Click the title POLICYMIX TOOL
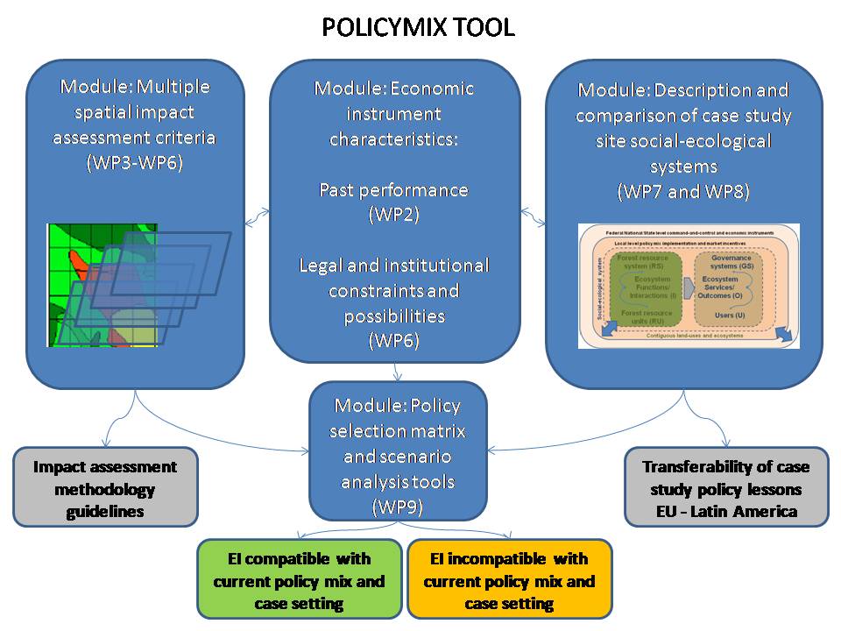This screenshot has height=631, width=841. pos(418,27)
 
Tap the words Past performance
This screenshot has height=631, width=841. pos(393,190)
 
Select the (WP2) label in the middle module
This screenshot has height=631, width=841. pos(393,215)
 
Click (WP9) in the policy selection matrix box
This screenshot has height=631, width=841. pos(398,506)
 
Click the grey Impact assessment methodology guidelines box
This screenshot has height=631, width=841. pos(105,488)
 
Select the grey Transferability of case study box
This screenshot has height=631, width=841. pos(726,488)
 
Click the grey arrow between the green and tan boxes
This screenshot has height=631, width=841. pos(687,287)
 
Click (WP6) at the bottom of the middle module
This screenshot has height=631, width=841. pos(393,339)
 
